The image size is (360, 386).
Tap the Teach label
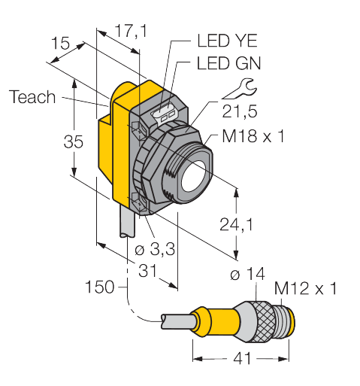tap(33, 97)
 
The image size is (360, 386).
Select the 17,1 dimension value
tap(129, 32)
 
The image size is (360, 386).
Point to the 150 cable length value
tap(99, 287)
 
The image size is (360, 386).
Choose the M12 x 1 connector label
tap(305, 288)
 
